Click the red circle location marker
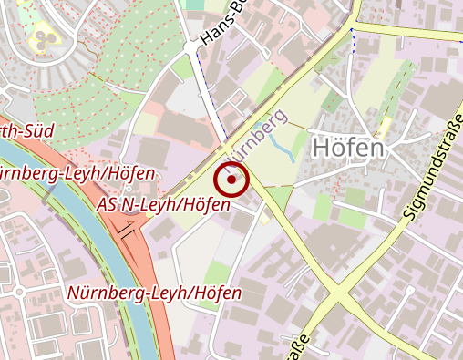pyautogui.click(x=232, y=180)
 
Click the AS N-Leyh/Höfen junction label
pyautogui.click(x=163, y=203)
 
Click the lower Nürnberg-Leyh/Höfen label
pyautogui.click(x=155, y=293)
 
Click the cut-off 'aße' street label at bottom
pyautogui.click(x=298, y=349)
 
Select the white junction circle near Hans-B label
pyautogui.click(x=190, y=45)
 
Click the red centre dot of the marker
pyautogui.click(x=232, y=180)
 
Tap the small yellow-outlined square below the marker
pyautogui.click(x=264, y=219)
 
